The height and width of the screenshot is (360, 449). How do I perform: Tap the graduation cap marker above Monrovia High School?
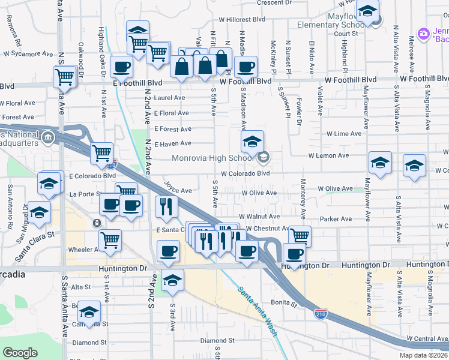(x=253, y=143)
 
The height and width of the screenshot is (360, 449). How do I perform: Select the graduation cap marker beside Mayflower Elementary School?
(x=367, y=11)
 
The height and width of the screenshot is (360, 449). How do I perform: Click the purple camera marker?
(x=424, y=33)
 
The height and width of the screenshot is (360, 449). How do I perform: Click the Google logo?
(x=20, y=352)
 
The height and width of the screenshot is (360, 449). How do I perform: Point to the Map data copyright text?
(x=424, y=355)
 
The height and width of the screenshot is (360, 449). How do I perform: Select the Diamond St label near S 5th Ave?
(x=213, y=341)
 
